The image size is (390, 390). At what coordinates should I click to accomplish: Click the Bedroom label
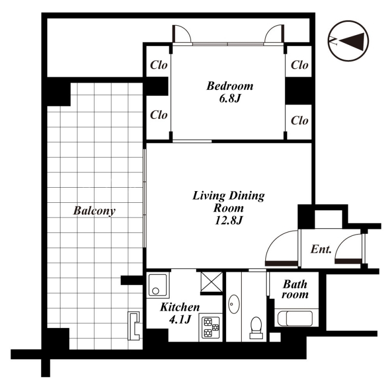pos(230,86)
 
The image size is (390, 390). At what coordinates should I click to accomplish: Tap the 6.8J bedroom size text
pos(230,99)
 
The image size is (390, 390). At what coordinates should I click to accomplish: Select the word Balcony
pos(94,211)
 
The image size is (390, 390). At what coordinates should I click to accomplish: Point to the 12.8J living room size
pos(229,220)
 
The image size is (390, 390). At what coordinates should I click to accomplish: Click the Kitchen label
pos(180,307)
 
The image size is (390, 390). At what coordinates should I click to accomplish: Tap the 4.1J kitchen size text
pos(180,319)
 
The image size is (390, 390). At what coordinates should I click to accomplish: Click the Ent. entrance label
pos(321,249)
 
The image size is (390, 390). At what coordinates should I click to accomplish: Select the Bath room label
pos(295,289)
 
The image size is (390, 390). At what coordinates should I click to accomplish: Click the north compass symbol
pos(348,41)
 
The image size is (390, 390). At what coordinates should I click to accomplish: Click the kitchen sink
pos(157,285)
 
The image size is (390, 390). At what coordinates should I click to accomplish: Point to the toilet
pos(256,328)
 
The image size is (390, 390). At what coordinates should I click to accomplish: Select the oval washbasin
pos(234,304)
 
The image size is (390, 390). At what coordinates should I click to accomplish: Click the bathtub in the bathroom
pos(295,318)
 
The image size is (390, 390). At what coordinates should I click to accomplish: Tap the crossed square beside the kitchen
pos(212,282)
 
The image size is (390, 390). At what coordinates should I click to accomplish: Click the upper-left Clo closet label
pos(159,65)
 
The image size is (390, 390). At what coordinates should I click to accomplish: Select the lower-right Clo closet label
pos(299,120)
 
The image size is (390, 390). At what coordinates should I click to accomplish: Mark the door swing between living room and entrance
pos(281,248)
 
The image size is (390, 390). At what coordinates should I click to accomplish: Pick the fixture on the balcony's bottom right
pos(134,326)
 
